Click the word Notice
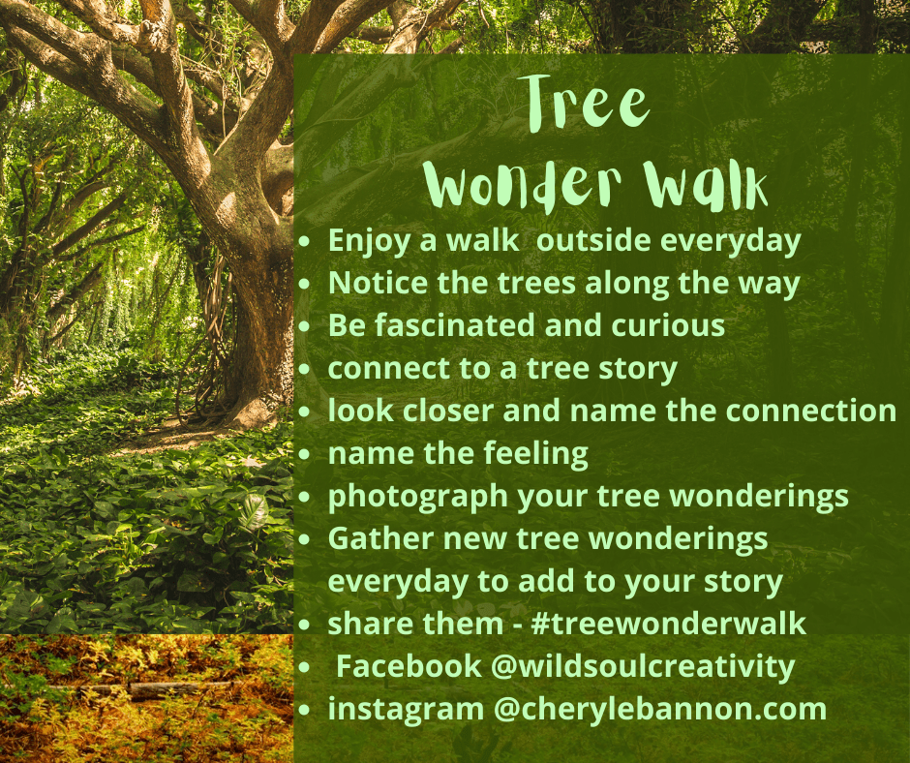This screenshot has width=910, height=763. tap(378, 283)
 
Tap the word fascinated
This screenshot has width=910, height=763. tap(454, 324)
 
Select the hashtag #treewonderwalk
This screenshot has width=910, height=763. tap(668, 624)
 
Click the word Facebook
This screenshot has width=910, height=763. tap(409, 665)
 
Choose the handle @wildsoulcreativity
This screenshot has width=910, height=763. tap(643, 667)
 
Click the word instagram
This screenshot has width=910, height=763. tap(406, 710)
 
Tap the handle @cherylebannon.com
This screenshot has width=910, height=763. tap(660, 710)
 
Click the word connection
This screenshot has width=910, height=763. tap(811, 411)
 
